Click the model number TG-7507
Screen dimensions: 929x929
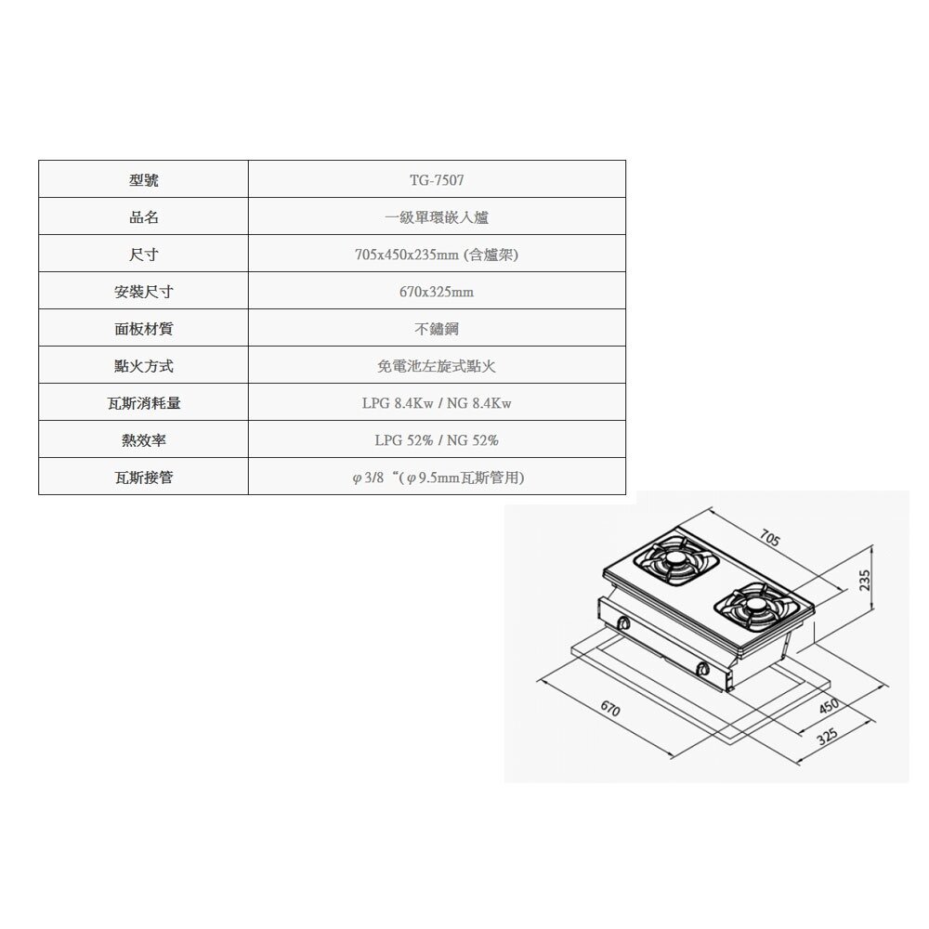pyautogui.click(x=437, y=179)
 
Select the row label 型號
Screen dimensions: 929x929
pyautogui.click(x=143, y=179)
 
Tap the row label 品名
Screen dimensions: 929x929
pyautogui.click(x=143, y=216)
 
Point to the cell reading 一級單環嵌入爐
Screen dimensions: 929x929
pyautogui.click(x=437, y=217)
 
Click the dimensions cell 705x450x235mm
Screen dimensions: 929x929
pyautogui.click(x=437, y=255)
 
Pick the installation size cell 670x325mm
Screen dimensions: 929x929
pyautogui.click(x=437, y=292)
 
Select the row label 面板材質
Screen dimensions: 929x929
pyautogui.click(x=143, y=328)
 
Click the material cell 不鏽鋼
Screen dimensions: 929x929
pyautogui.click(x=437, y=329)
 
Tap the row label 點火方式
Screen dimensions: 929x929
pyautogui.click(x=143, y=365)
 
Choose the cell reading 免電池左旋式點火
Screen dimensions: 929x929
pyautogui.click(x=437, y=366)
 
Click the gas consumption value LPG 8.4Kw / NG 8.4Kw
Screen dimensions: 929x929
pyautogui.click(x=437, y=403)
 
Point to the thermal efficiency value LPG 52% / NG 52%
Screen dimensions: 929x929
pyautogui.click(x=437, y=440)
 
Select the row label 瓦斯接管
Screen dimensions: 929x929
pyautogui.click(x=143, y=477)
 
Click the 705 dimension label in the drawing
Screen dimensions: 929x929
pyautogui.click(x=769, y=538)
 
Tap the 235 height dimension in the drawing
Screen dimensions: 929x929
pyautogui.click(x=865, y=580)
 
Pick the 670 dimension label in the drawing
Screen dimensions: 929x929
pyautogui.click(x=610, y=708)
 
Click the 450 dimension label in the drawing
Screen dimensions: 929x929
pyautogui.click(x=829, y=706)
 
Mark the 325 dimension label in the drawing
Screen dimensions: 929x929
pyautogui.click(x=827, y=737)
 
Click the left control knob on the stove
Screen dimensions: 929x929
pyautogui.click(x=623, y=623)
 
